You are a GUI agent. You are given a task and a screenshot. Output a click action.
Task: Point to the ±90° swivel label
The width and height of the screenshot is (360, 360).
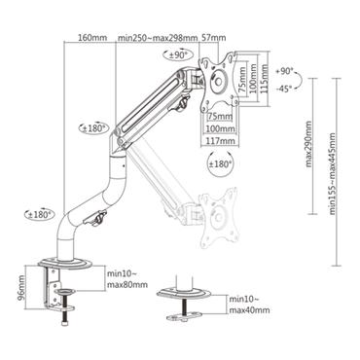click(178, 55)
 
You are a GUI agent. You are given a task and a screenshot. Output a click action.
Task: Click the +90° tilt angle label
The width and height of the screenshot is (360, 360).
click(283, 72)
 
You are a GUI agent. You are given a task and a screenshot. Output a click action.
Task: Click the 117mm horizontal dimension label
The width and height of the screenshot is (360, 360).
click(219, 139)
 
